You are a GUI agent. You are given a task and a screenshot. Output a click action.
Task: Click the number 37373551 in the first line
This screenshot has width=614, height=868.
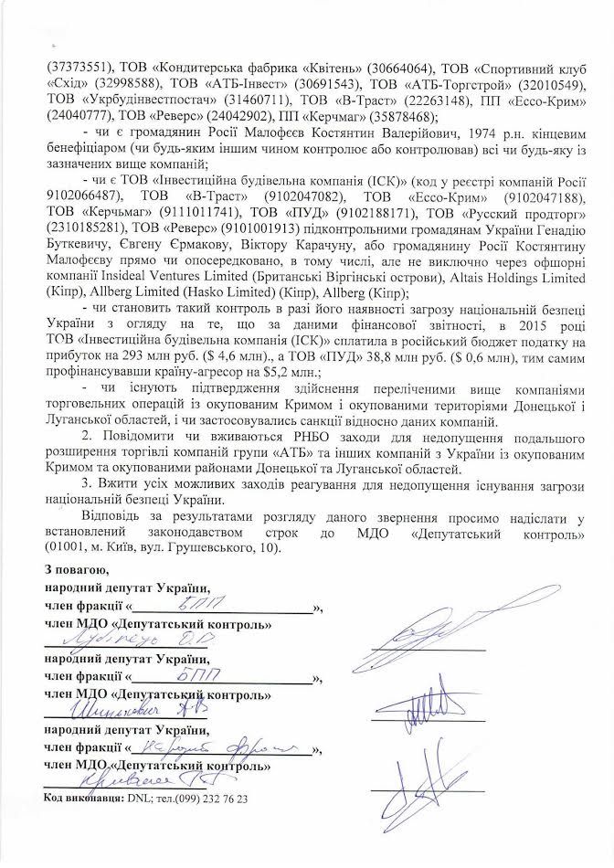72,66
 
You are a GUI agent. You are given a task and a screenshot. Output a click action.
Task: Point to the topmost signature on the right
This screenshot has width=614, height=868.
428,631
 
